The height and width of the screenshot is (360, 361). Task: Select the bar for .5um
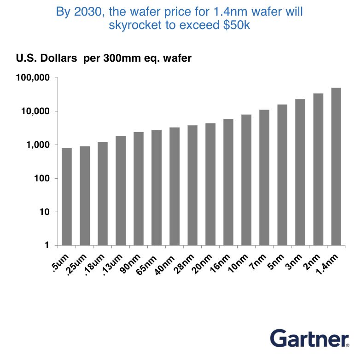67,197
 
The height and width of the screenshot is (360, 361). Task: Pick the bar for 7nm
264,177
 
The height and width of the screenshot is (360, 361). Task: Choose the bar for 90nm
139,189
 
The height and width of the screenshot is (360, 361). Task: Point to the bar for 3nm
300,172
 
